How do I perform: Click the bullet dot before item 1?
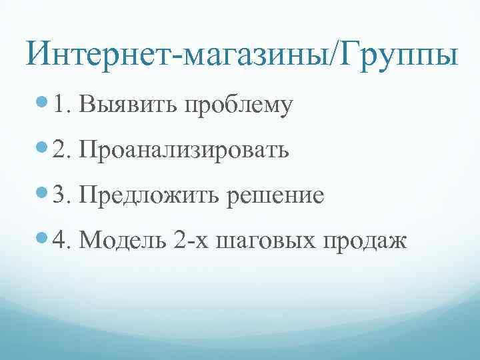point(44,104)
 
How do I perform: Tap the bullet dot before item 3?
point(44,195)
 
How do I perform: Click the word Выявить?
point(127,105)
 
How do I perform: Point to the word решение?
point(276,197)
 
